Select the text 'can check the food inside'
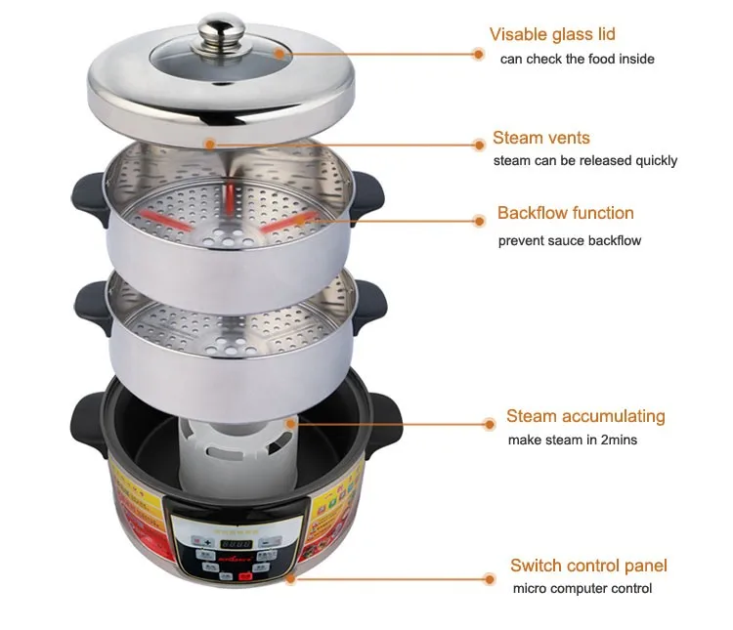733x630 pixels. (578, 59)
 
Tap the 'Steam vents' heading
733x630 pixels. (541, 138)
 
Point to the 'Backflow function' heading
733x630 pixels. (566, 213)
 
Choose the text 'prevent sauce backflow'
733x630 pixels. (570, 240)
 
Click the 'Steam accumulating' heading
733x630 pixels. (585, 416)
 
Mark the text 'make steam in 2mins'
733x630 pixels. (573, 440)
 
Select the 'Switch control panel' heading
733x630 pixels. (589, 565)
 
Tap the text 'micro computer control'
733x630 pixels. (582, 588)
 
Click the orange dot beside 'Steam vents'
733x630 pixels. (479, 144)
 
